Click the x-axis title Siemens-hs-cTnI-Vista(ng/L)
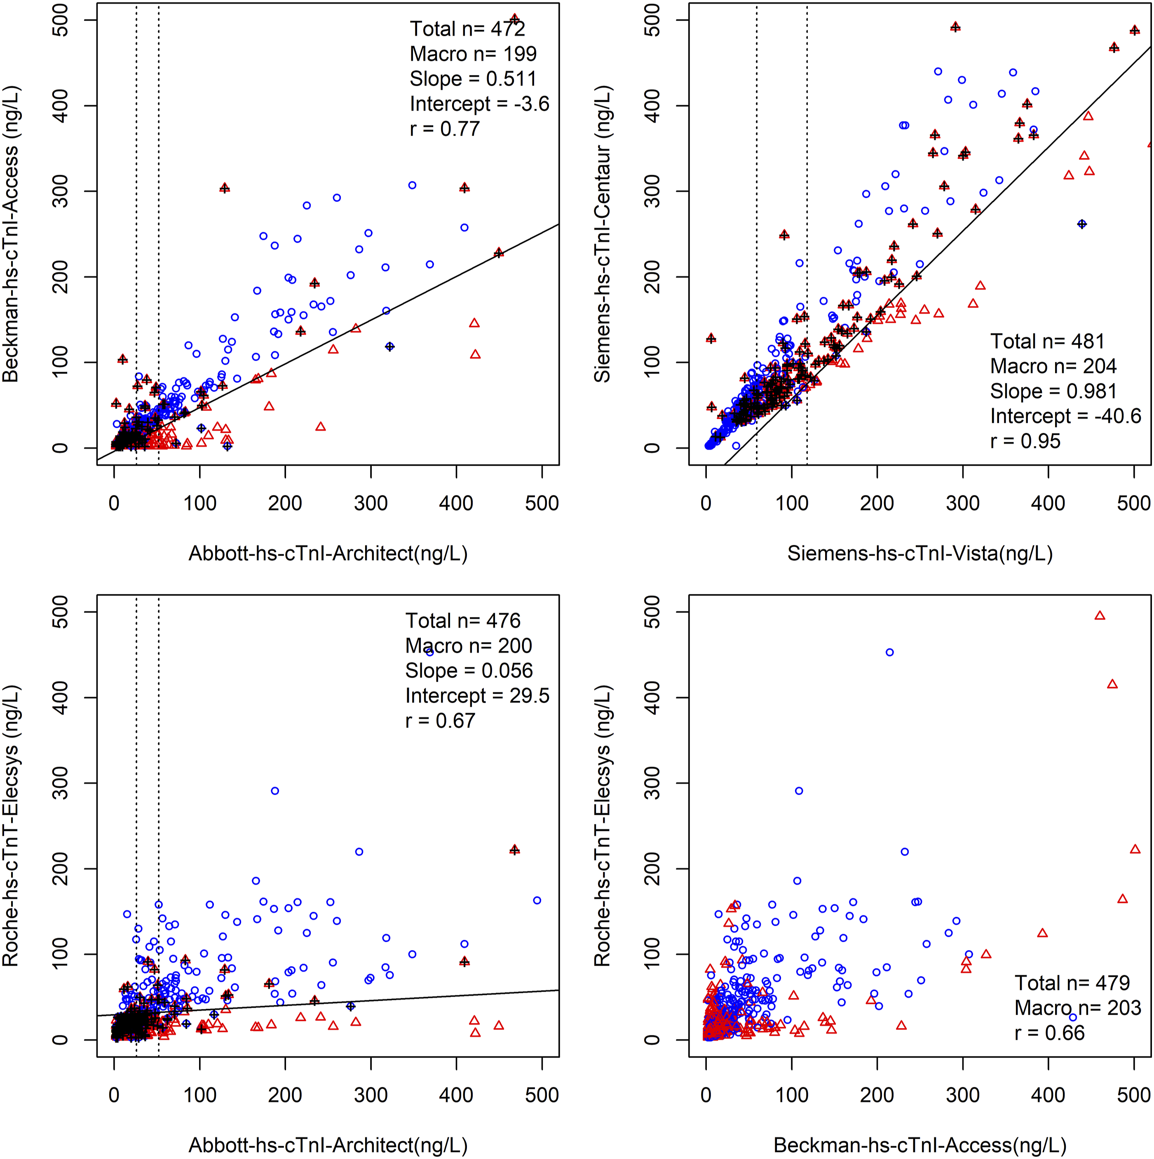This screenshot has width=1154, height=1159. pos(919,553)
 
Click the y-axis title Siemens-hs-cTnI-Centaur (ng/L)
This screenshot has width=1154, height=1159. pos(602,235)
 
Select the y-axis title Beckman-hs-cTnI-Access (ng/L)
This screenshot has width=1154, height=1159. pos(10,235)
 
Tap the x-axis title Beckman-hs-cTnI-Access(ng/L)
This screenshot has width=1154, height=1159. pos(919,1145)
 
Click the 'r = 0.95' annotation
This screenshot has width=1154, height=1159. pos(1025,441)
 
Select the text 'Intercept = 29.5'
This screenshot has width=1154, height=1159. pos(477,696)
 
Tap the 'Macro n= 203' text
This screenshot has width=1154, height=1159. pos(1077,1008)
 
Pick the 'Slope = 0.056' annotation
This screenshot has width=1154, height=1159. pos(469,671)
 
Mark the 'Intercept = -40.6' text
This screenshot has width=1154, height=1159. pos(1065,416)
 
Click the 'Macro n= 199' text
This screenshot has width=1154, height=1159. pos(473,54)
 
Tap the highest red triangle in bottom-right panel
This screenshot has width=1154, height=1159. pos(1100,615)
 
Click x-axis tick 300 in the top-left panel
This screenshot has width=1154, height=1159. pos(371,503)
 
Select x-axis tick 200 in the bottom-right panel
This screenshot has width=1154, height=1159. pos(877,1095)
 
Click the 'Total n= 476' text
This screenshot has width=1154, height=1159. pos(462,621)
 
